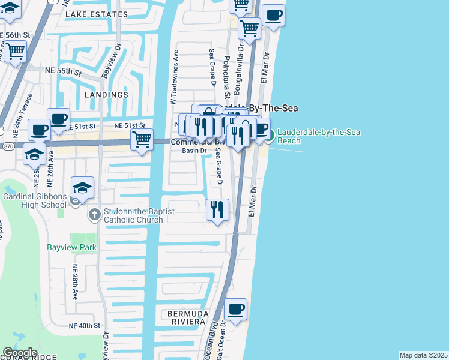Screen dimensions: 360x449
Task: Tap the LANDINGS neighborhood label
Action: [106, 95]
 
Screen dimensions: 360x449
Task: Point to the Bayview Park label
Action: [71, 247]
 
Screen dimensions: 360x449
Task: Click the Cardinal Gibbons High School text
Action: [34, 200]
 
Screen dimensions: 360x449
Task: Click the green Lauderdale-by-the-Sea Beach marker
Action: [269, 136]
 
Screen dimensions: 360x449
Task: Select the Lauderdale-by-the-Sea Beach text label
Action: [318, 136]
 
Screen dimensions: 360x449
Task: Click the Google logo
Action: [20, 353]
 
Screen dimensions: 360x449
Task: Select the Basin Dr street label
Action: [194, 151]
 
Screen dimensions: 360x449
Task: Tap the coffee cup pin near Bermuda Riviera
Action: [235, 309]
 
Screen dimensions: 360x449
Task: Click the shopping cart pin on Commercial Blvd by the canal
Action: [142, 140]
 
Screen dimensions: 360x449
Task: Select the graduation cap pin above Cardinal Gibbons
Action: [82, 187]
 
